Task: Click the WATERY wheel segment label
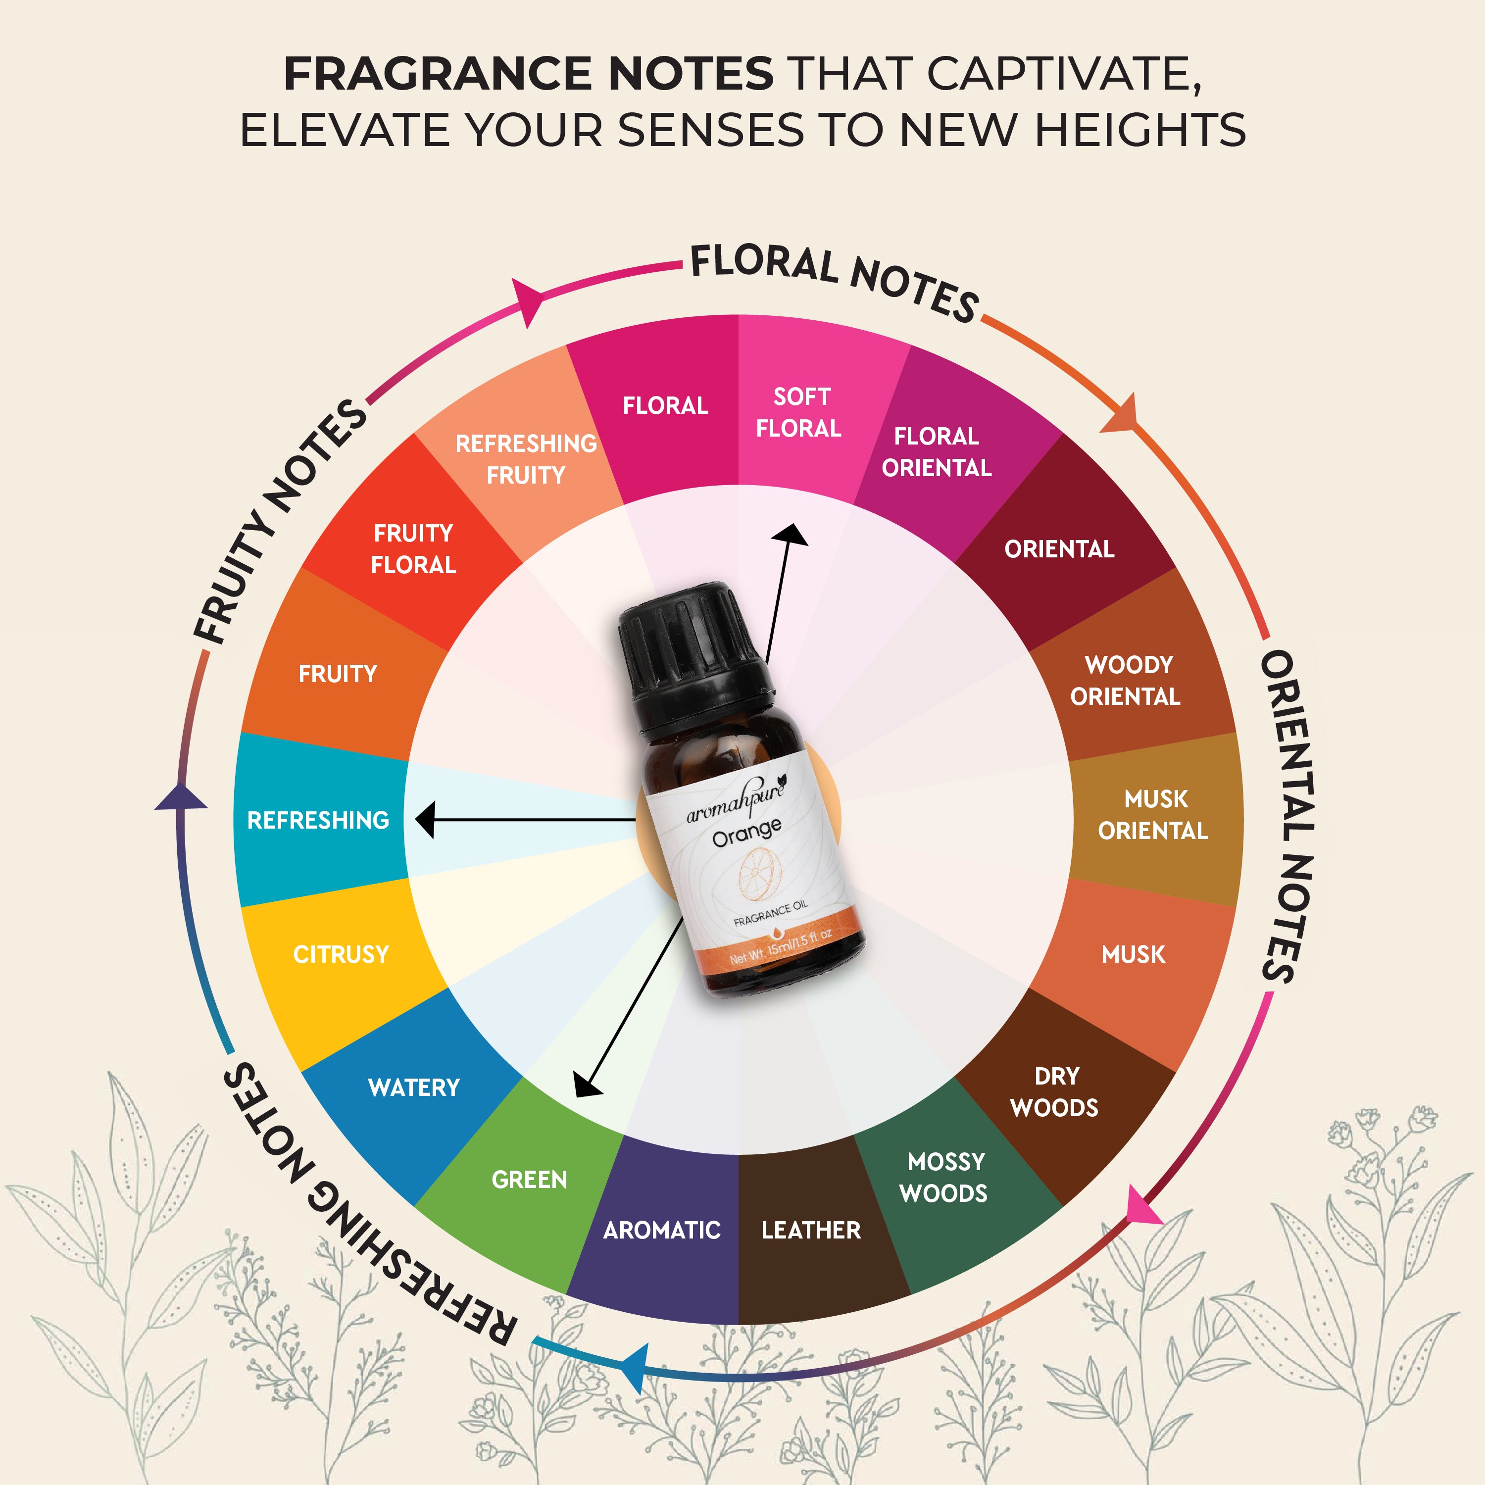pyautogui.click(x=413, y=1088)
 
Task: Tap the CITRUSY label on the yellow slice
pyautogui.click(x=341, y=955)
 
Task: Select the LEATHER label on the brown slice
pyautogui.click(x=811, y=1230)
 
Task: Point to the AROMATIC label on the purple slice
pyautogui.click(x=662, y=1230)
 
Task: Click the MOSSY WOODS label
pyautogui.click(x=944, y=1177)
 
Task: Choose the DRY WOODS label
pyautogui.click(x=1054, y=1091)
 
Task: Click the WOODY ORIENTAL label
pyautogui.click(x=1126, y=680)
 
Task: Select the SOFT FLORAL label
pyautogui.click(x=799, y=413)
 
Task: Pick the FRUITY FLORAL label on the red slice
pyautogui.click(x=413, y=549)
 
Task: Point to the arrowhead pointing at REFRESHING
pyautogui.click(x=425, y=820)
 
